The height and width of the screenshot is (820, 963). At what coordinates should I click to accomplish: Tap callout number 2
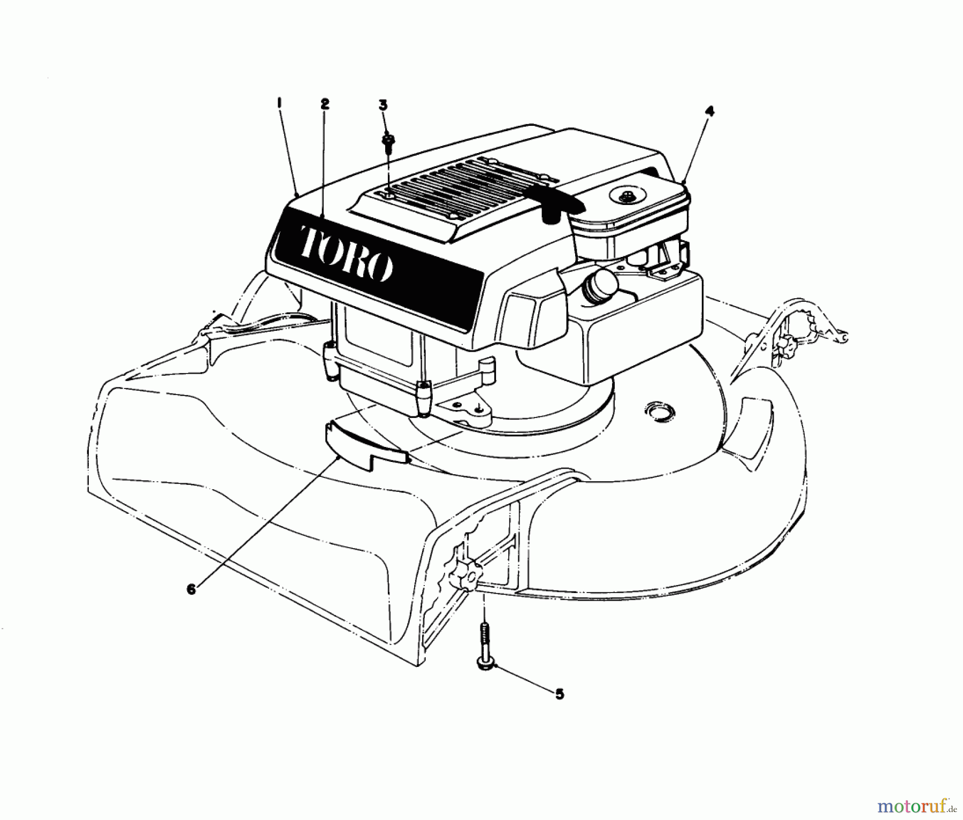[325, 104]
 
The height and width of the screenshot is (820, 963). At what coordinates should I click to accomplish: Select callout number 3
[383, 105]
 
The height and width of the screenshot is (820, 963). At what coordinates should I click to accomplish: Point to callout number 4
[709, 112]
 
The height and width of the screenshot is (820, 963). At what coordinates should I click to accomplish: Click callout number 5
[559, 694]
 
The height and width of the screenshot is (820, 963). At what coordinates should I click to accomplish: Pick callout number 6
[192, 588]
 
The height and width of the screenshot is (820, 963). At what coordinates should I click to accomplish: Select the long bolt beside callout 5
[483, 645]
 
